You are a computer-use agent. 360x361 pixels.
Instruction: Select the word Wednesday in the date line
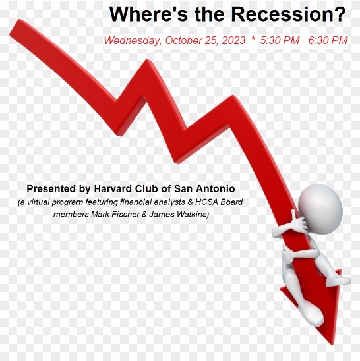pos(133,41)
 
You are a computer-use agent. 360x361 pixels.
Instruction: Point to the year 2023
pos(233,40)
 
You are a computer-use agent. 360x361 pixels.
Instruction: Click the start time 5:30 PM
pos(280,40)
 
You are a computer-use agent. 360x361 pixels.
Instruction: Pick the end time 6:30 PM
pos(328,40)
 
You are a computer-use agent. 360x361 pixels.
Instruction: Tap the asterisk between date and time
pos(253,38)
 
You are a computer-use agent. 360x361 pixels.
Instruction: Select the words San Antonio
pos(204,189)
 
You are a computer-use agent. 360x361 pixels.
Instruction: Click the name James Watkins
pos(179,214)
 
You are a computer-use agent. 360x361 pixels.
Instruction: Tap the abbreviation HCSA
pos(206,202)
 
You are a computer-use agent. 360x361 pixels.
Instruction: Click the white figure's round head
pos(320,209)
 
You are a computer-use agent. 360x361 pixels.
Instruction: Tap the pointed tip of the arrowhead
pos(332,345)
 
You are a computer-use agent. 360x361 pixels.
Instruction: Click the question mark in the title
pos(340,14)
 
